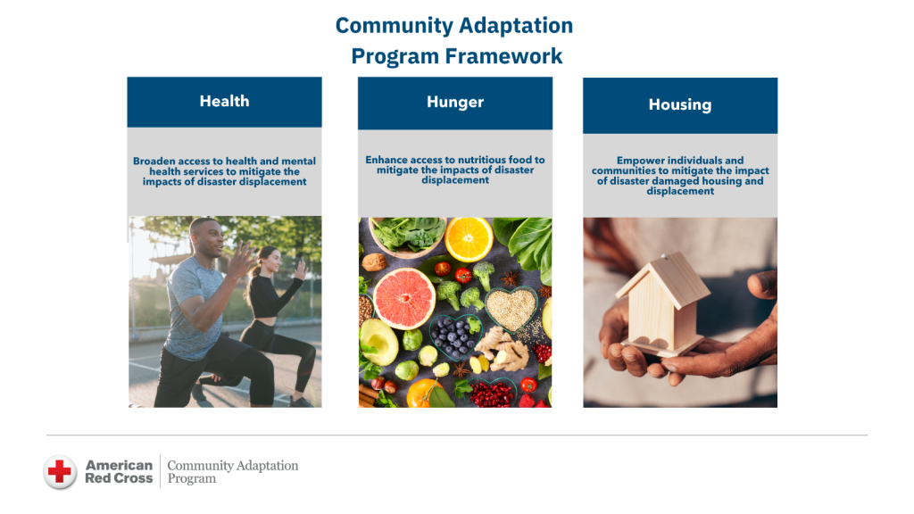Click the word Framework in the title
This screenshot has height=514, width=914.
(503, 56)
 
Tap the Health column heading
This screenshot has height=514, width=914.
(224, 102)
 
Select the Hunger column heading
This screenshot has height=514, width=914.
(455, 102)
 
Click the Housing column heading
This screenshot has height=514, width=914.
(680, 105)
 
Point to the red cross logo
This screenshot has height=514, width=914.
(60, 471)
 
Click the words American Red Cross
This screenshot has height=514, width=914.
(119, 471)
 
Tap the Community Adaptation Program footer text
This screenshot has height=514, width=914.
(233, 471)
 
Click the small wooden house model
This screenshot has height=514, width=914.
(661, 305)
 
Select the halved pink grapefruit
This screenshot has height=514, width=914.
(404, 298)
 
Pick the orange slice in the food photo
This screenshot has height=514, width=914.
(469, 238)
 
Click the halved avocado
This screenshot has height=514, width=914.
(378, 342)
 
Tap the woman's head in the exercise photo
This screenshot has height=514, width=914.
(269, 259)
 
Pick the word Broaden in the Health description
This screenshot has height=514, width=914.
(154, 161)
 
